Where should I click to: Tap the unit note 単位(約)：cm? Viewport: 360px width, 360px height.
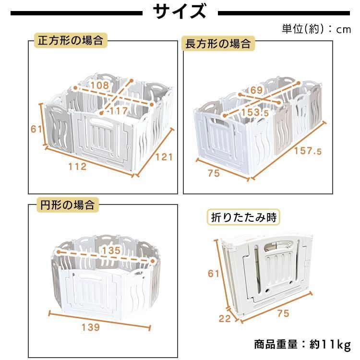(316, 29)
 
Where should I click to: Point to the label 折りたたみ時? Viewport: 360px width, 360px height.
(244, 217)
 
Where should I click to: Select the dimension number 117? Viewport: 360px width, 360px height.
(118, 111)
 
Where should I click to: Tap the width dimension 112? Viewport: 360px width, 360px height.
(77, 167)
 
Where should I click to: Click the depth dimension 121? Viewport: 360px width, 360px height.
(164, 156)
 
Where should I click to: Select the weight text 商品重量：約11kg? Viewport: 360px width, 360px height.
(302, 344)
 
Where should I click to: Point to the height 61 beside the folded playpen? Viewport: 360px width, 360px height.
(213, 274)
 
